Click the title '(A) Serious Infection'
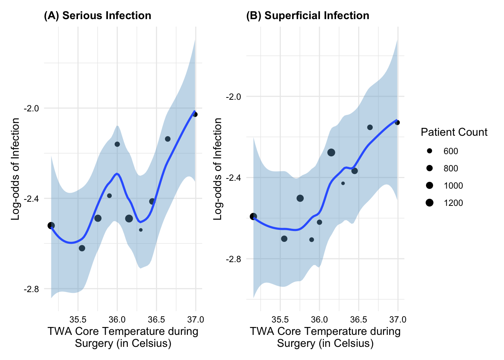(97, 16)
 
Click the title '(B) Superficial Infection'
(307, 16)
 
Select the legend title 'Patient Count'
(454, 132)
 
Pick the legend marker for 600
(429, 151)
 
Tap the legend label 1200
(453, 203)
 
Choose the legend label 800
(451, 168)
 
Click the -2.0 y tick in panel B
(233, 97)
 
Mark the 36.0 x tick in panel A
(117, 320)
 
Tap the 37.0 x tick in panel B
(398, 320)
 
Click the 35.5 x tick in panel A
(78, 320)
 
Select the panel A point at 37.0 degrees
(195, 114)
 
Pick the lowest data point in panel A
(82, 248)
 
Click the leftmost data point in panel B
(253, 216)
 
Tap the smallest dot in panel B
(343, 183)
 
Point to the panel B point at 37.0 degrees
(397, 123)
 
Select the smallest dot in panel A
(141, 230)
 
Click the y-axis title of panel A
(16, 169)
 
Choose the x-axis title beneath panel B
(325, 337)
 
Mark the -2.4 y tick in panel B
(233, 178)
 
